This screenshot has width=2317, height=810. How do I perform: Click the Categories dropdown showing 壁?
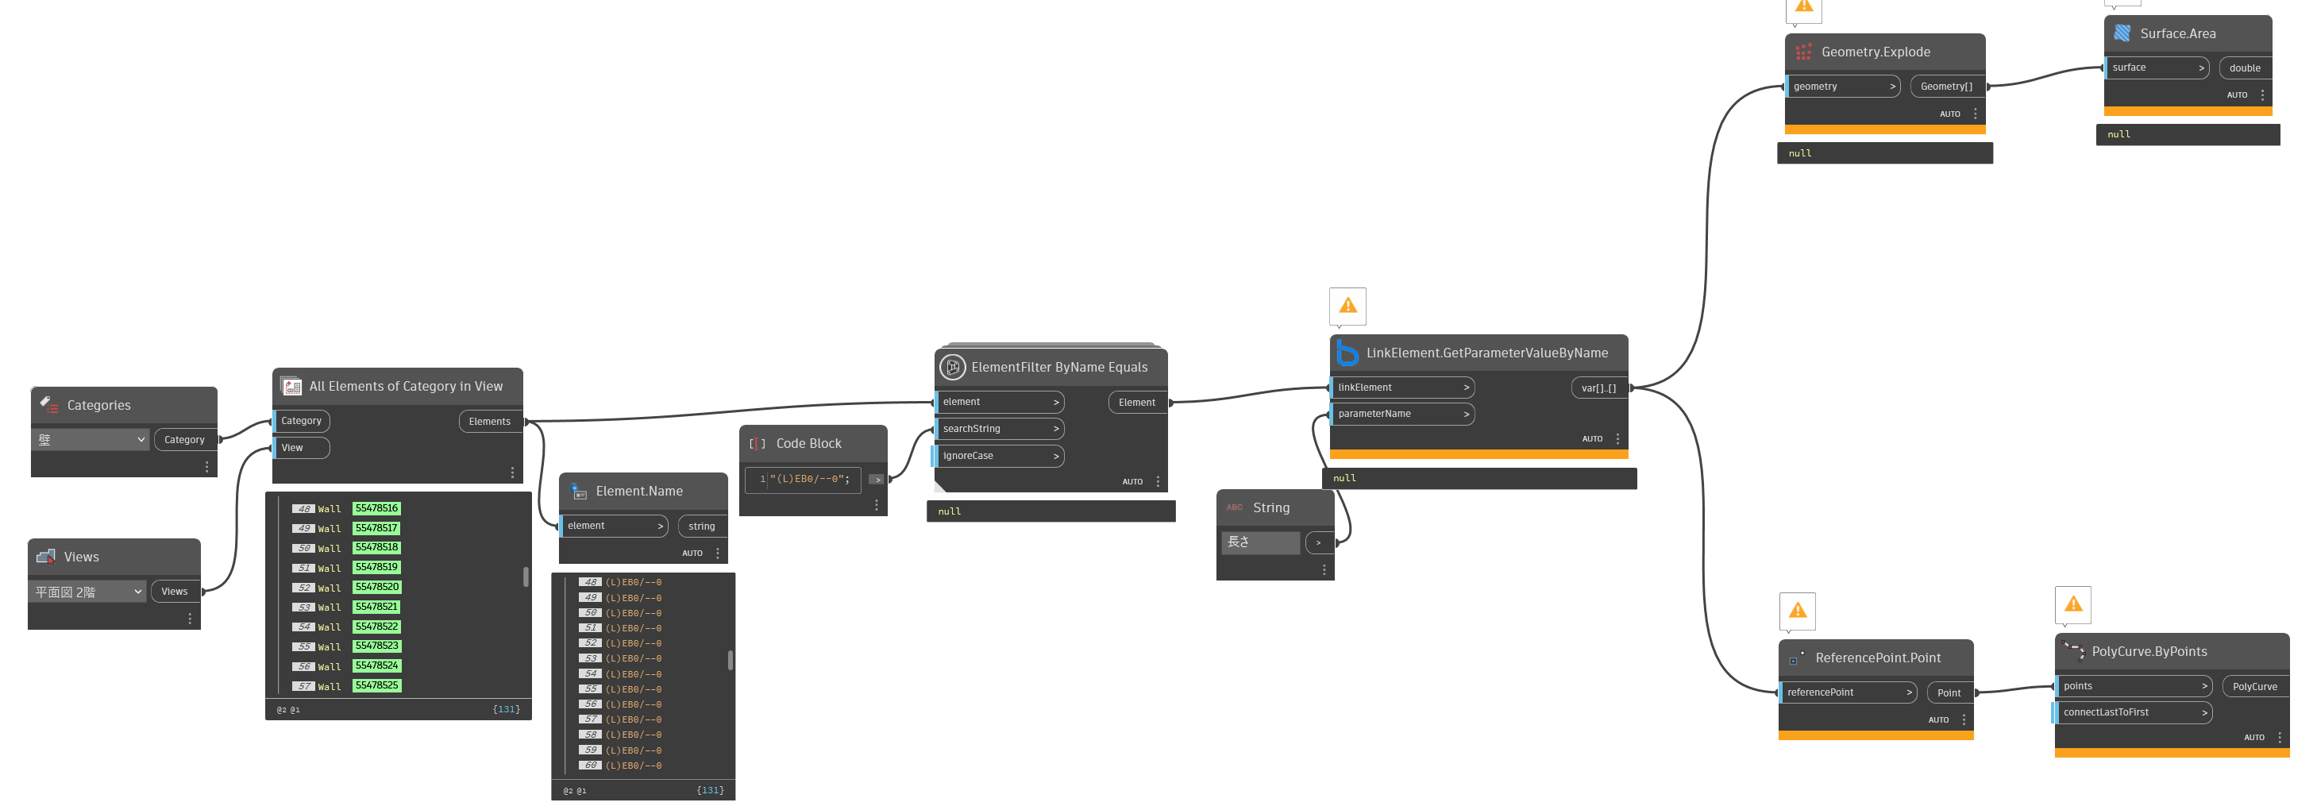click(91, 440)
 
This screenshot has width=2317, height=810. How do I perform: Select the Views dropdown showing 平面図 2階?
click(88, 592)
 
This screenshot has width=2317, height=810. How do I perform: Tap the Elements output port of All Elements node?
click(489, 421)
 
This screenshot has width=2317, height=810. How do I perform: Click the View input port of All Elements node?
click(300, 447)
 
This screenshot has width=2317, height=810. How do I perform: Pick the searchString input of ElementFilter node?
click(998, 428)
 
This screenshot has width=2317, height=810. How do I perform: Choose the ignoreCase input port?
click(998, 455)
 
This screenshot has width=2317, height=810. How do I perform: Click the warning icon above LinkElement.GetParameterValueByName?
click(1347, 306)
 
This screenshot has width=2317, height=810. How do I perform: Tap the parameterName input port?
click(1401, 414)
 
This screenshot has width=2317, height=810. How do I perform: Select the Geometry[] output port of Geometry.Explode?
click(1946, 87)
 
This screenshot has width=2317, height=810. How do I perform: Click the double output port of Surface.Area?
click(2245, 67)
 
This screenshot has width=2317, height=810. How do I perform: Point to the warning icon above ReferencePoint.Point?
click(1797, 611)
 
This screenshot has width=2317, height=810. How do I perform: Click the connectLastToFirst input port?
click(2132, 712)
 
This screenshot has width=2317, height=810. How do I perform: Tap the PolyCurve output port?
click(2255, 687)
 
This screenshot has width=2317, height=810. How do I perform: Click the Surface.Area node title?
click(2177, 33)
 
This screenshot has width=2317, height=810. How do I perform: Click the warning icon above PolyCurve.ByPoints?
click(2073, 605)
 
